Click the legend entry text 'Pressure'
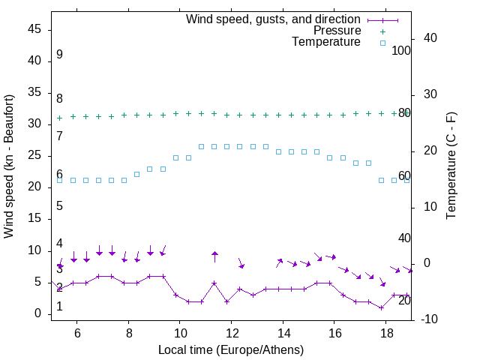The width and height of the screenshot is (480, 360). click(337, 31)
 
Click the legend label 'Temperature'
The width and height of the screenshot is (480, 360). click(326, 42)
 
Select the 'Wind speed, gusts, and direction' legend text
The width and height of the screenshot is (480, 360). click(274, 19)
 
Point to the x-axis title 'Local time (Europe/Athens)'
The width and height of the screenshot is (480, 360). click(231, 349)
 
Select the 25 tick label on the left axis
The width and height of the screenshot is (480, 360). click(35, 155)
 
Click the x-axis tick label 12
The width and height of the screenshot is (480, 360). click(231, 333)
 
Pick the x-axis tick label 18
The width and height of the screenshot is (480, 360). click(385, 333)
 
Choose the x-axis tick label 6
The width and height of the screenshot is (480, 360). click(77, 333)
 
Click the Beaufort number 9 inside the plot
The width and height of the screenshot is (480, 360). click(59, 55)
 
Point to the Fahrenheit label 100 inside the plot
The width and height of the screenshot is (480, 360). click(401, 50)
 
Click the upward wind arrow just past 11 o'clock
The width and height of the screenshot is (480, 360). click(214, 256)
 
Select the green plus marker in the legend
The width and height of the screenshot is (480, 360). click(382, 31)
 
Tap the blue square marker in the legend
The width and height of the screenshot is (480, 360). click(382, 43)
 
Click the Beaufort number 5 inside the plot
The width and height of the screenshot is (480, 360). click(59, 206)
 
